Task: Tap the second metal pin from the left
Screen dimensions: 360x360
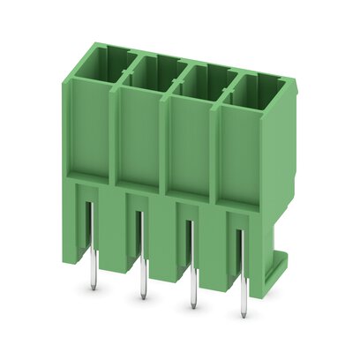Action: pyautogui.click(x=139, y=265)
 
